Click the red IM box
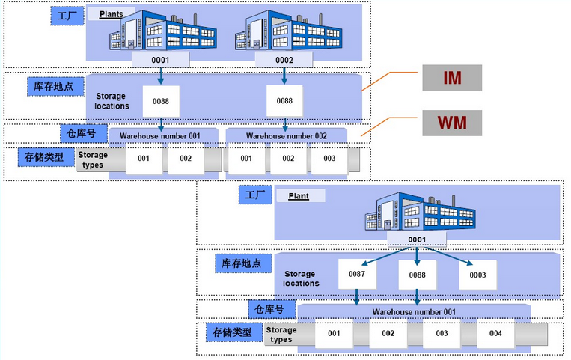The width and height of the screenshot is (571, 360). point(451,78)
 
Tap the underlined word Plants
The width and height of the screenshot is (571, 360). point(112,13)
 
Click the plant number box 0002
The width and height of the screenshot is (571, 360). point(284,60)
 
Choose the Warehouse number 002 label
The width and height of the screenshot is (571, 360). point(286,135)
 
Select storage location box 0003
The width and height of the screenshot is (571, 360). point(477,275)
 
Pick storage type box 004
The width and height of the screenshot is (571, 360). point(490,333)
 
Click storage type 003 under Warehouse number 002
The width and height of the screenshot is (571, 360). point(329,159)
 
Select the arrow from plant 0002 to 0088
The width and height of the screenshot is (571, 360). point(284,76)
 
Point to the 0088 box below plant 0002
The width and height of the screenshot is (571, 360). point(284,100)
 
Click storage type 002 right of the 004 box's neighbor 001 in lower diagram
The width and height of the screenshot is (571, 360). point(382,333)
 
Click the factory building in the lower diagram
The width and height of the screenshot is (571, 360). point(417,211)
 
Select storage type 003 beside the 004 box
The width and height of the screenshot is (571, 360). point(442,333)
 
